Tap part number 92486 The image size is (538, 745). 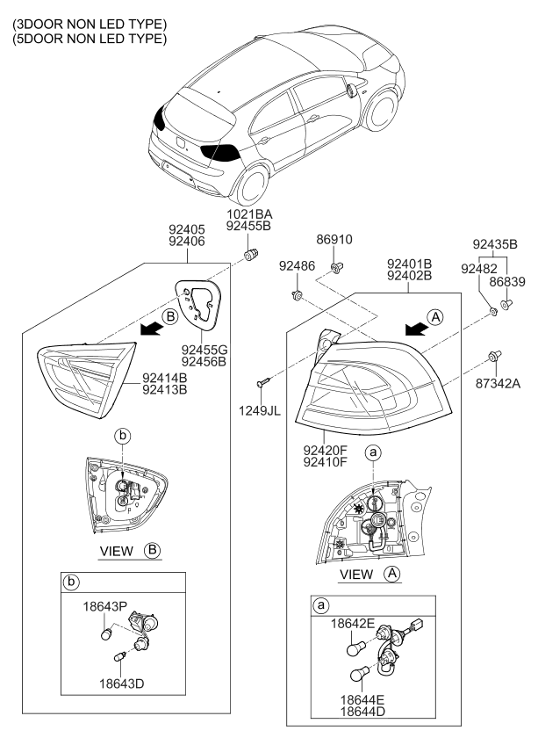point(296,264)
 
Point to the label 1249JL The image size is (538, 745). point(262,409)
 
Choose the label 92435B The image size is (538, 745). point(495,244)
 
